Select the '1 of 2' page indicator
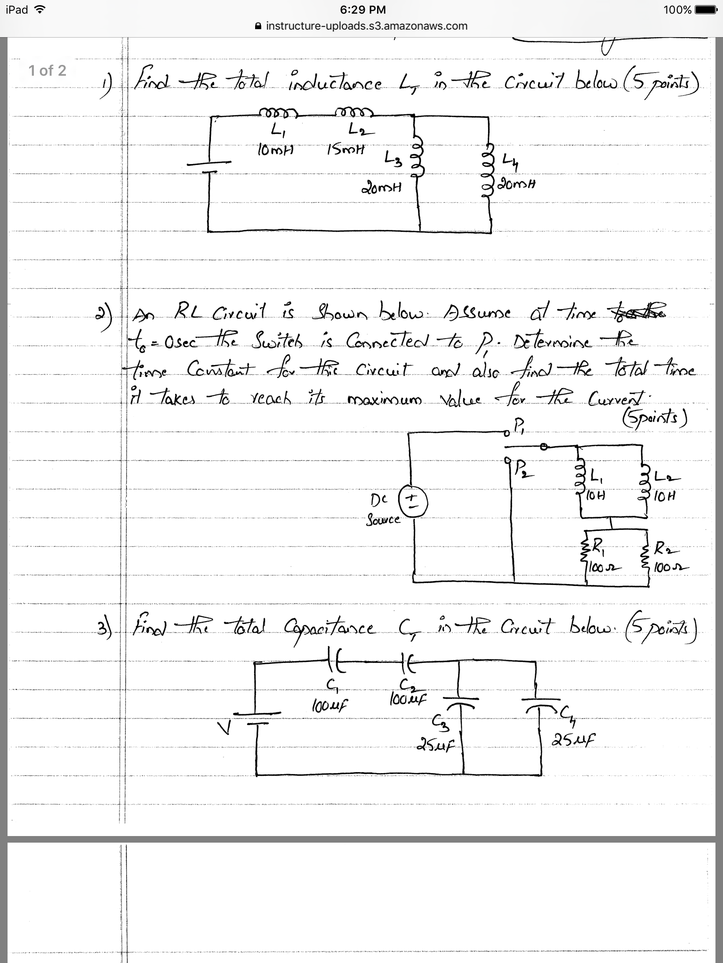click(47, 71)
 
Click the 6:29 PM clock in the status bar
click(361, 10)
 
